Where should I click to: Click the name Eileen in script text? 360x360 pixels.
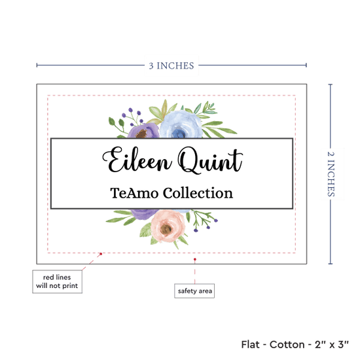pyautogui.click(x=137, y=160)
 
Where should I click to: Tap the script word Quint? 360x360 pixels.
pyautogui.click(x=210, y=160)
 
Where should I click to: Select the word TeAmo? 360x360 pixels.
pyautogui.click(x=134, y=193)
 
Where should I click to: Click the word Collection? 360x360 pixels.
pyautogui.click(x=198, y=192)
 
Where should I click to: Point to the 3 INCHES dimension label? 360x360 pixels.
pyautogui.click(x=171, y=65)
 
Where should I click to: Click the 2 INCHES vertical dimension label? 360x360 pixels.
pyautogui.click(x=331, y=174)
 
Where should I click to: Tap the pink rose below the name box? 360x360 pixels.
pyautogui.click(x=168, y=226)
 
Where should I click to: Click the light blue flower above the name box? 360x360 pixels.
pyautogui.click(x=181, y=125)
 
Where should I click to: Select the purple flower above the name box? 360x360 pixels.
pyautogui.click(x=143, y=131)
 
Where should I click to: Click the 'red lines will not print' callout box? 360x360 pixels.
pyautogui.click(x=58, y=281)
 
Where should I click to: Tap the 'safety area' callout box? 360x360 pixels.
pyautogui.click(x=194, y=291)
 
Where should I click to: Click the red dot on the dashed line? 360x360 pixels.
pyautogui.click(x=101, y=254)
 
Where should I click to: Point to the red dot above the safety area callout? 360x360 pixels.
pyautogui.click(x=194, y=259)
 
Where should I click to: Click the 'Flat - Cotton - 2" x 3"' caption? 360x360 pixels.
pyautogui.click(x=295, y=344)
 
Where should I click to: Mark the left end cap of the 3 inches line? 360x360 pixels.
pyautogui.click(x=37, y=65)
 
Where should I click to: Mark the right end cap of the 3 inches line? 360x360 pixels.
pyautogui.click(x=306, y=65)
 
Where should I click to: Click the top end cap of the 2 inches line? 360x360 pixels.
pyautogui.click(x=331, y=84)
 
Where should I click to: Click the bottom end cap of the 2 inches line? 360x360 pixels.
pyautogui.click(x=331, y=264)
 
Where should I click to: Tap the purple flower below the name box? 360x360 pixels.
pyautogui.click(x=144, y=214)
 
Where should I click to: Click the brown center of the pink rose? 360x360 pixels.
pyautogui.click(x=166, y=228)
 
